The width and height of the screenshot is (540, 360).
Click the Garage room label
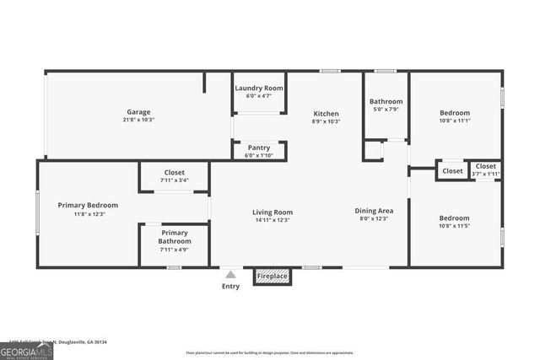pos(139,112)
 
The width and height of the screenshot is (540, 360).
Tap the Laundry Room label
pos(258,88)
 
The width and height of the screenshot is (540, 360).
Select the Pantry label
pos(258,148)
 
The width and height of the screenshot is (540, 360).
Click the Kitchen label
pos(326,113)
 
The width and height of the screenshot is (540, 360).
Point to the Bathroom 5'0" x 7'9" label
pos(386,101)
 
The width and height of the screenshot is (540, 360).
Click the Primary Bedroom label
pos(88,205)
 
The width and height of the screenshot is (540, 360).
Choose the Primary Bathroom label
pos(175,237)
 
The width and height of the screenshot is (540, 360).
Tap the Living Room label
pos(273,212)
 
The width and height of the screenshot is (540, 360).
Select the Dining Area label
pos(374,212)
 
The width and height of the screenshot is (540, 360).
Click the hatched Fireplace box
pos(273,277)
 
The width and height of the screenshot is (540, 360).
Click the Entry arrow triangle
pos(230,273)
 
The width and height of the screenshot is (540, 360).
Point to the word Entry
pos(230,286)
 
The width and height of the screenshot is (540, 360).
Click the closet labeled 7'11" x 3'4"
pos(174,180)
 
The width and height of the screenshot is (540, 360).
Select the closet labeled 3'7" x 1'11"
pos(486,174)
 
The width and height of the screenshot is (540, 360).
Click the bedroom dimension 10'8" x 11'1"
pos(454,121)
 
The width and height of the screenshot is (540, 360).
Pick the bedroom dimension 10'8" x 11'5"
pos(454,226)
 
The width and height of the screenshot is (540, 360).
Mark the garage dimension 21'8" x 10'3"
pos(139,121)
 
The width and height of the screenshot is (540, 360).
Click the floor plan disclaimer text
pos(269,352)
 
